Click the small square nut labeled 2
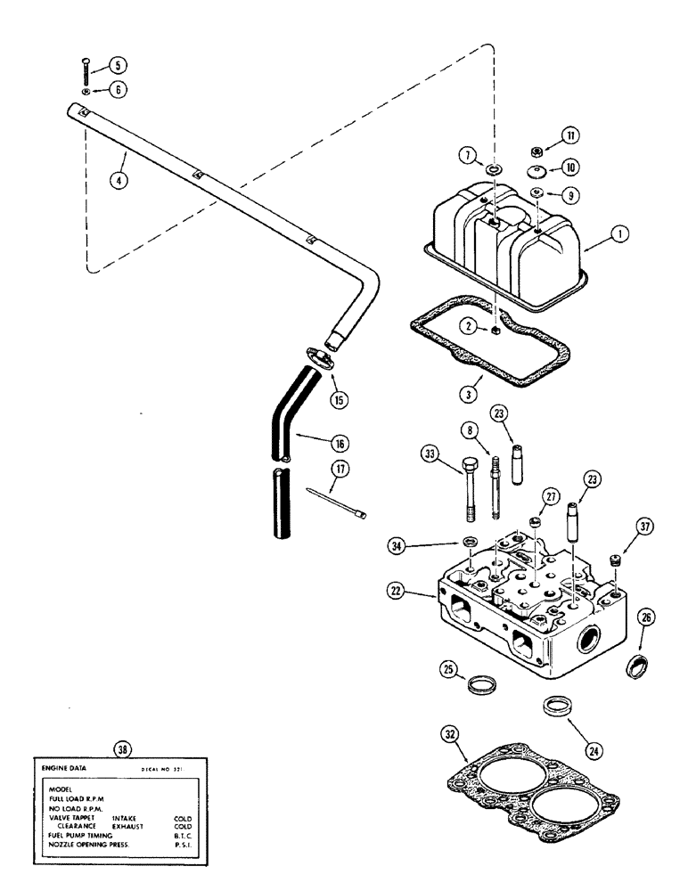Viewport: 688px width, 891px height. pyautogui.click(x=493, y=331)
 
